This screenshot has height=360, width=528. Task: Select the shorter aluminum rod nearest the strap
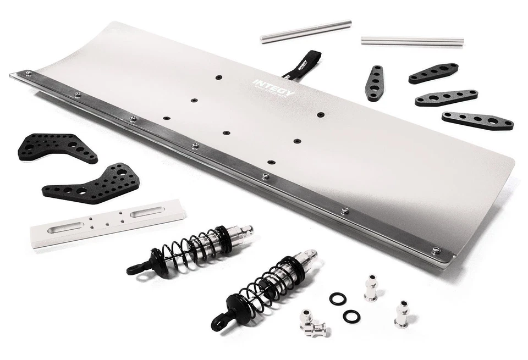coord(306,31)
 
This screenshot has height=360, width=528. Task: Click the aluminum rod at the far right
coord(412,41)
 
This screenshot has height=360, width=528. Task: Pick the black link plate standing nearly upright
coord(375,83)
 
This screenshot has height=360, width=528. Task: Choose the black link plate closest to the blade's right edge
coord(477,120)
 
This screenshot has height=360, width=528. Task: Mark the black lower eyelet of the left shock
coord(134,269)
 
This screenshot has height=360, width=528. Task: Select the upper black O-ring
coord(338,299)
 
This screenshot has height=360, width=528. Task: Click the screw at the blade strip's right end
coord(436,250)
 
